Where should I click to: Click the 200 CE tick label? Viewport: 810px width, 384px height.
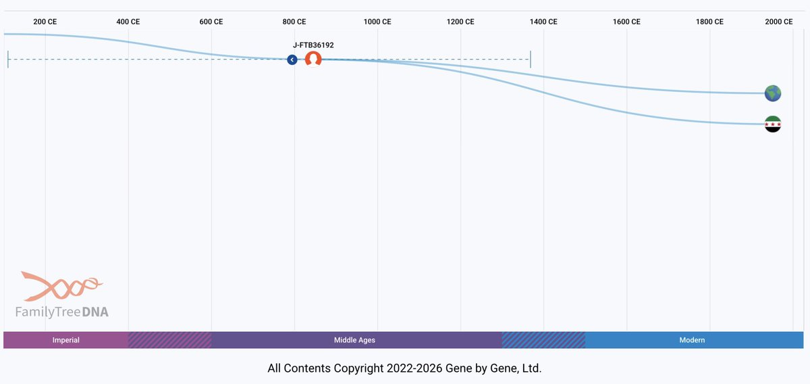45,22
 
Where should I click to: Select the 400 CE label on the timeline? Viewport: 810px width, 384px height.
128,22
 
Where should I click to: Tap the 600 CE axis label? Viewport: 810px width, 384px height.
211,22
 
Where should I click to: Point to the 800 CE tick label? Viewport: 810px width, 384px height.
294,22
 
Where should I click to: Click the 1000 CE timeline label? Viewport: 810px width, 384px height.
377,22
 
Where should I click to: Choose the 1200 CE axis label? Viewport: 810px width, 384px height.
460,22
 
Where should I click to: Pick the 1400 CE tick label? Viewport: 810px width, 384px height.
543,22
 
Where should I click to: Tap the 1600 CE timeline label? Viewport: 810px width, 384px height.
626,22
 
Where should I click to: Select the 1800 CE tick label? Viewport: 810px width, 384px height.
709,22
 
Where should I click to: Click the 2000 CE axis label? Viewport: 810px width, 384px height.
779,22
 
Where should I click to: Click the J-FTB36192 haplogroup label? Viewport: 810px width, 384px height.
313,45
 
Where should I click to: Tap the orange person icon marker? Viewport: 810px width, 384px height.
313,59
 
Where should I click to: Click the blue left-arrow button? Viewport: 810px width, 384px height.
292,59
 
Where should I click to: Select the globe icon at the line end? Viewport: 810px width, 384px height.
773,93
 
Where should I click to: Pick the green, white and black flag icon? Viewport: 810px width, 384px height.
773,124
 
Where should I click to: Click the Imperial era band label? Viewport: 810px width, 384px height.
66,340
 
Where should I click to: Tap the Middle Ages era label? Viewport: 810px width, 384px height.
354,340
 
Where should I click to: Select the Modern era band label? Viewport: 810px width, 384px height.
692,340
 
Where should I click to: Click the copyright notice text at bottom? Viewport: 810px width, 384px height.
404,368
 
